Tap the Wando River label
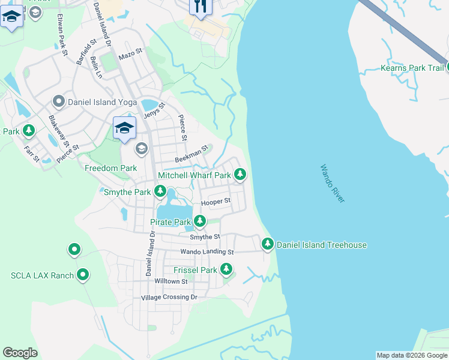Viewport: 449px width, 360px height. (x=333, y=184)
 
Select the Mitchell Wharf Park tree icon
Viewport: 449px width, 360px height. (x=240, y=175)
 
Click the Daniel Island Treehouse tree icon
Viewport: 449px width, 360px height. (x=268, y=244)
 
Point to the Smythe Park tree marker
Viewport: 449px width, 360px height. (x=160, y=191)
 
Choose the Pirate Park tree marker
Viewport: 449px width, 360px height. (x=199, y=221)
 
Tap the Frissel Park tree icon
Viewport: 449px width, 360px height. (x=226, y=269)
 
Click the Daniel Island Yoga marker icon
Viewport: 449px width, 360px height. (x=59, y=101)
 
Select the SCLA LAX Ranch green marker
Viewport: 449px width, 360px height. (x=83, y=275)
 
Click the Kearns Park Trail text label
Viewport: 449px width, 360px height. (x=412, y=68)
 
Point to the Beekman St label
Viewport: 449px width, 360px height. (x=191, y=154)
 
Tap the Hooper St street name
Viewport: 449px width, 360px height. (x=215, y=202)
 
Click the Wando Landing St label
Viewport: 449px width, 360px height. (x=206, y=252)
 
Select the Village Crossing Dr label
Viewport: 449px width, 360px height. (x=169, y=297)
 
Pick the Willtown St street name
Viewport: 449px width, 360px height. (x=171, y=281)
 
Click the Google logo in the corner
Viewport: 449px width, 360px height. (x=20, y=353)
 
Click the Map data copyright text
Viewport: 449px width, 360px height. (x=412, y=355)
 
